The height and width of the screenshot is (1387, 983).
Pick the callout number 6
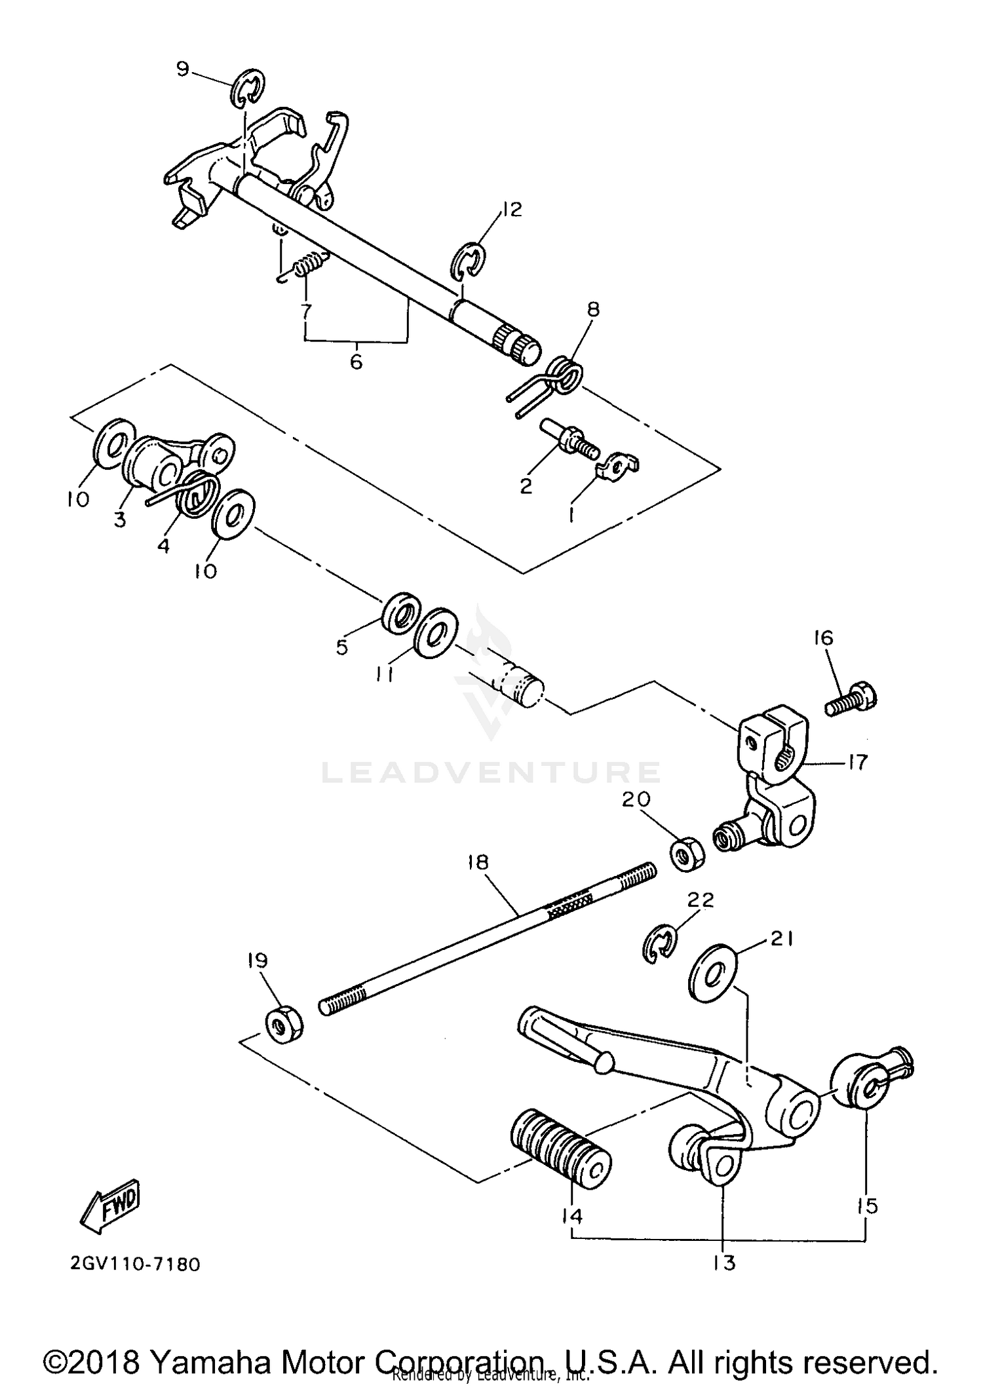(356, 362)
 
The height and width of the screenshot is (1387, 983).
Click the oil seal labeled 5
(402, 614)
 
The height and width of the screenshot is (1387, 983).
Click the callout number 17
(857, 761)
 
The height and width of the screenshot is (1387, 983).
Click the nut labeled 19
(284, 1023)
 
